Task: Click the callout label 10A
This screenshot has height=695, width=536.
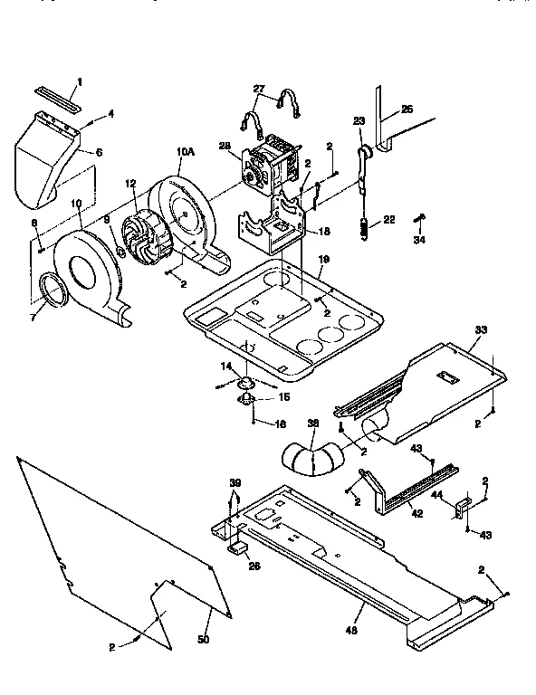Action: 186,153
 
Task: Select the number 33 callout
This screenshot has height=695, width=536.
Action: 480,329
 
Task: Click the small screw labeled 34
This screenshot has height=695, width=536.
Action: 420,220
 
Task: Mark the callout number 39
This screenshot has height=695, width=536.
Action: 235,485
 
